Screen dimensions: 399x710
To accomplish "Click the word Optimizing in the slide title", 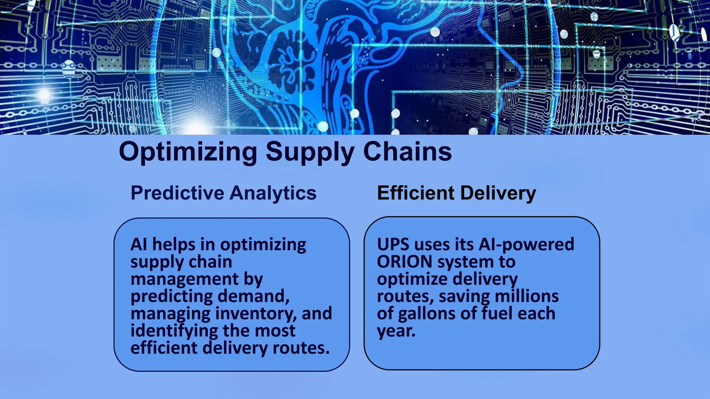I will pyautogui.click(x=188, y=152).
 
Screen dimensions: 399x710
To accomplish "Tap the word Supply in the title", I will pyautogui.click(x=310, y=152).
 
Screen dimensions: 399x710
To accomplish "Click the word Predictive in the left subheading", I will pyautogui.click(x=177, y=193).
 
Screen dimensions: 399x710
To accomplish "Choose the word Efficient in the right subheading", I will pyautogui.click(x=415, y=193).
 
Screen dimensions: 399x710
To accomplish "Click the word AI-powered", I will pyautogui.click(x=526, y=245).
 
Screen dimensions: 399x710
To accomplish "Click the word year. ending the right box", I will pyautogui.click(x=396, y=331).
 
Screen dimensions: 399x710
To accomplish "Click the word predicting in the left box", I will pyautogui.click(x=172, y=296).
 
